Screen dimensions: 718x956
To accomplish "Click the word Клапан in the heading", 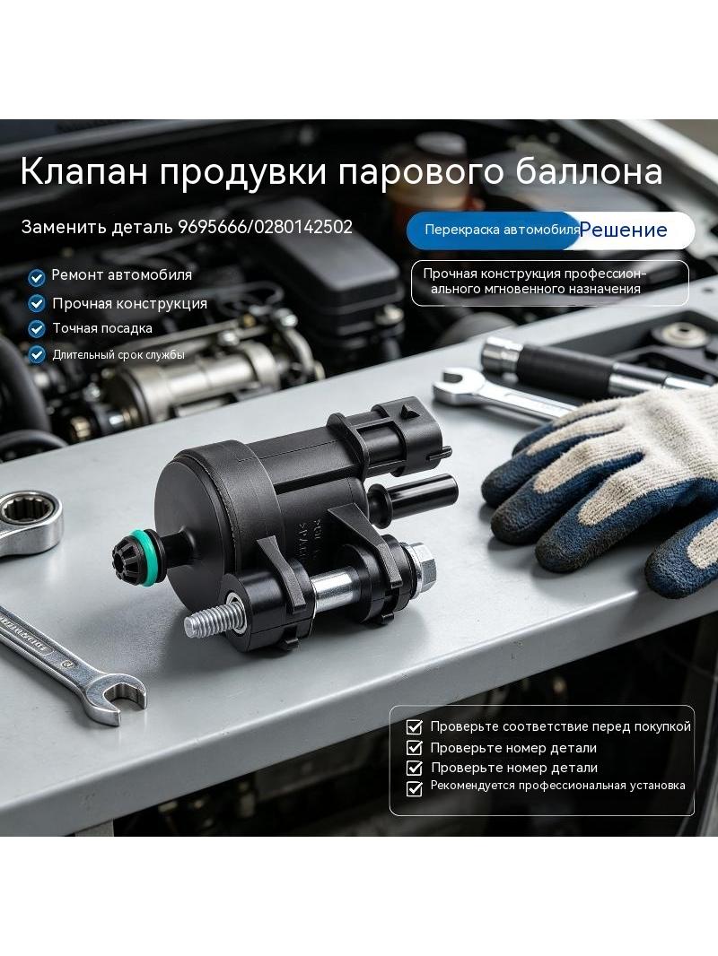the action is [84, 171].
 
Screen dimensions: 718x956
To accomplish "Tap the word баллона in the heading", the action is [589, 171].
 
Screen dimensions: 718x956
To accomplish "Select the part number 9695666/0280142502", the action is [265, 228].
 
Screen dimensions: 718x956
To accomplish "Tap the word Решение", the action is [624, 230].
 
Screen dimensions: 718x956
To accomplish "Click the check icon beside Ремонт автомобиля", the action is [37, 277].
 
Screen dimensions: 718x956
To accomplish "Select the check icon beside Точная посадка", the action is [37, 329].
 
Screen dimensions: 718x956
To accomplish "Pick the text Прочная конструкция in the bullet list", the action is [129, 304].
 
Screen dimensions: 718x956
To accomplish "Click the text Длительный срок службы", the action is [118, 355].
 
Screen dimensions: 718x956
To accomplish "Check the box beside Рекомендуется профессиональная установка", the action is [415, 788].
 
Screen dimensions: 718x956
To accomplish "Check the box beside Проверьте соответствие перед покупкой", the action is [415, 726].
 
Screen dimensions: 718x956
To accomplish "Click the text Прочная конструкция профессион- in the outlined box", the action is [534, 274].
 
